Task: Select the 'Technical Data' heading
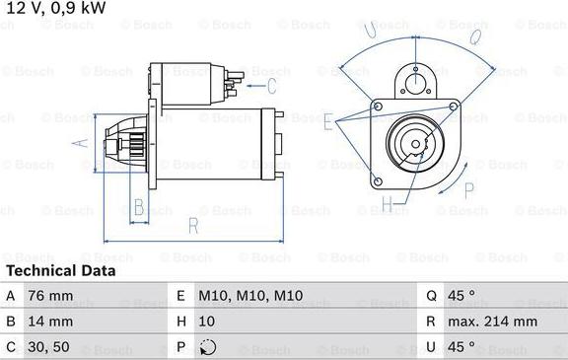60,270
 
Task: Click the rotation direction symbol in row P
207,347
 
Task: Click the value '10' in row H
207,322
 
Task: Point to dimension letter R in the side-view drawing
193,226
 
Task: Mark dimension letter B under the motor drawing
139,207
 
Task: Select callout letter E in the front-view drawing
328,120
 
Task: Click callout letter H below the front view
388,204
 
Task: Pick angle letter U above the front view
370,33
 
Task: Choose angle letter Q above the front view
474,37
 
